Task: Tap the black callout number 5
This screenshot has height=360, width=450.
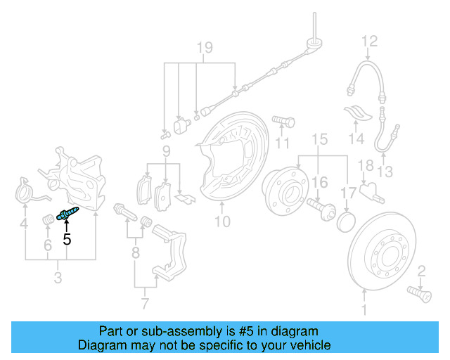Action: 67,239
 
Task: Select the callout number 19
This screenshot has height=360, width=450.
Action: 204,48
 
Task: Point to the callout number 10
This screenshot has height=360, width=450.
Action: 222,223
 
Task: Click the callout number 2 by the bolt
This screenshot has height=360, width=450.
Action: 422,271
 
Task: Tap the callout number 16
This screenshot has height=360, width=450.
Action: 320,183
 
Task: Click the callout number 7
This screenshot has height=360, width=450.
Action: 145,304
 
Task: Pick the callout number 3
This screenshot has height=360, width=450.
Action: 58,279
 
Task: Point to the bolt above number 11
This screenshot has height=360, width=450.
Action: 281,122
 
